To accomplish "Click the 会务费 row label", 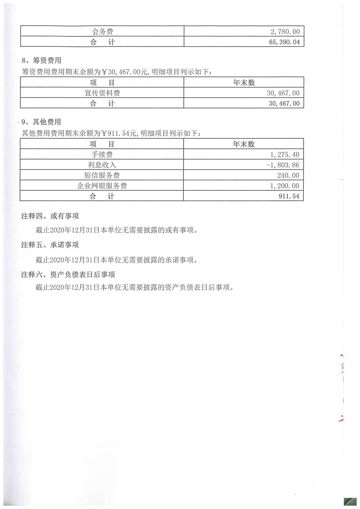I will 102,32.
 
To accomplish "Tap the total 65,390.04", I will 282,42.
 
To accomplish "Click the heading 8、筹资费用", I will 41,61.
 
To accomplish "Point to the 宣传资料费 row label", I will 102,93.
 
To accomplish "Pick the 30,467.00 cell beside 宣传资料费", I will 283,93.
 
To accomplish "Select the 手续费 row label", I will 102,154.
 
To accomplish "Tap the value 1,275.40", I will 285,154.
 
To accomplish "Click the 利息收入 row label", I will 102,165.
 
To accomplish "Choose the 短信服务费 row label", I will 102,175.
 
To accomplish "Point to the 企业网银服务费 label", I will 102,186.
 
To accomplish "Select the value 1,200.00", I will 285,186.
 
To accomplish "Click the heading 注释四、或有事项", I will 50,216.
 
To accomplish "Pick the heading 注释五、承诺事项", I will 50,245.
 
